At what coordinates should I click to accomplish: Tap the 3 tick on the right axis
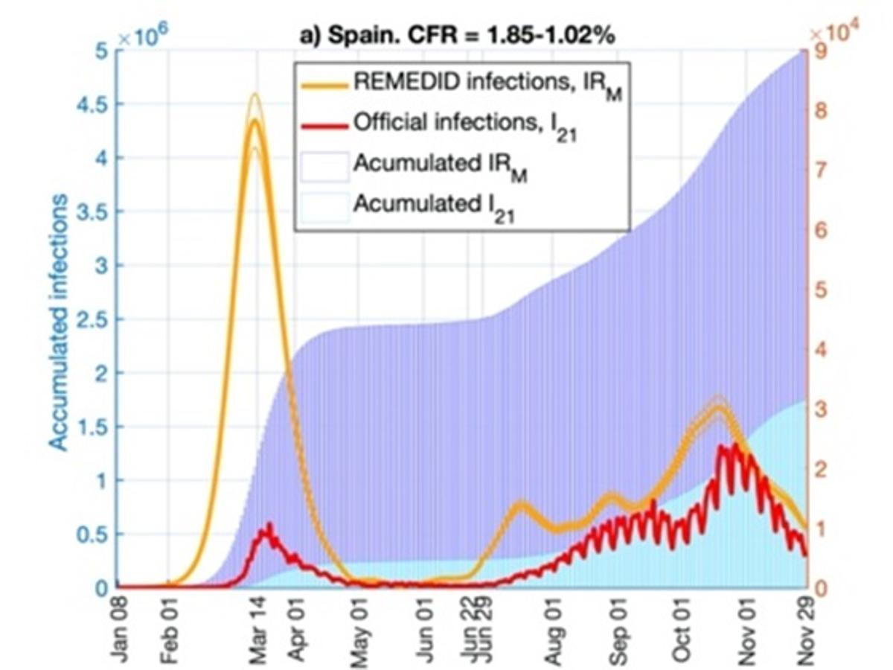tap(817, 409)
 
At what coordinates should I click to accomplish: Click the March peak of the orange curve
tap(255, 120)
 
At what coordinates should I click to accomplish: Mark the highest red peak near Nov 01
tap(735, 444)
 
